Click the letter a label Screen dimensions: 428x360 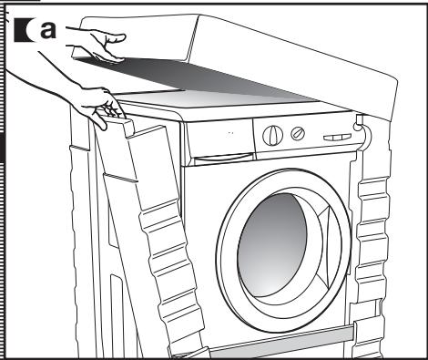click(48, 30)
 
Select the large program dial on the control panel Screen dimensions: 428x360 click(272, 135)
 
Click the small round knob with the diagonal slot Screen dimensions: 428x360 click(298, 133)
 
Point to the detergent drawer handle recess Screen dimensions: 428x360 click(223, 158)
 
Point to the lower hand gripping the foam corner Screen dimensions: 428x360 click(97, 107)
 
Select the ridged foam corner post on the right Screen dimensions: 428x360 click(372, 237)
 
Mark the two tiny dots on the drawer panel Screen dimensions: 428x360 click(230, 133)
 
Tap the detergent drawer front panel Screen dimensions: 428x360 click(219, 139)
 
